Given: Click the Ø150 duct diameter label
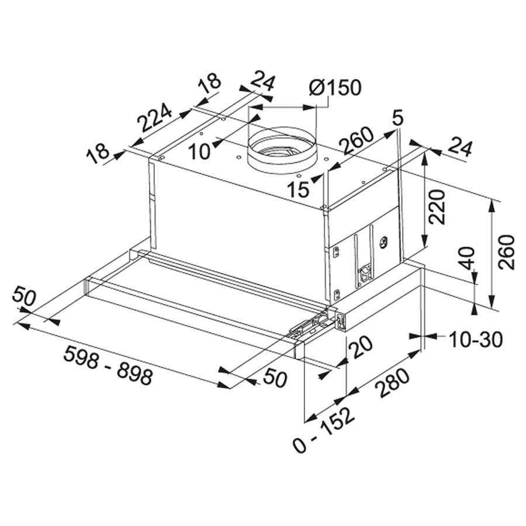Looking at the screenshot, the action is (x=335, y=88).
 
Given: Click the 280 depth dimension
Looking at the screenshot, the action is (x=392, y=382).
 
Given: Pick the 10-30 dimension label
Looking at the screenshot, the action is (x=476, y=339).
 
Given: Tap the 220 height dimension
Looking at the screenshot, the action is (x=437, y=207).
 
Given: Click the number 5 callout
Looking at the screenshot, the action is (x=397, y=119).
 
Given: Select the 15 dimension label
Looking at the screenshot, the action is (x=298, y=189).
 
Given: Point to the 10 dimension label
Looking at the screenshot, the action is (x=199, y=151).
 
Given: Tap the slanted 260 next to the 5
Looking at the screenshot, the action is (x=357, y=140).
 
